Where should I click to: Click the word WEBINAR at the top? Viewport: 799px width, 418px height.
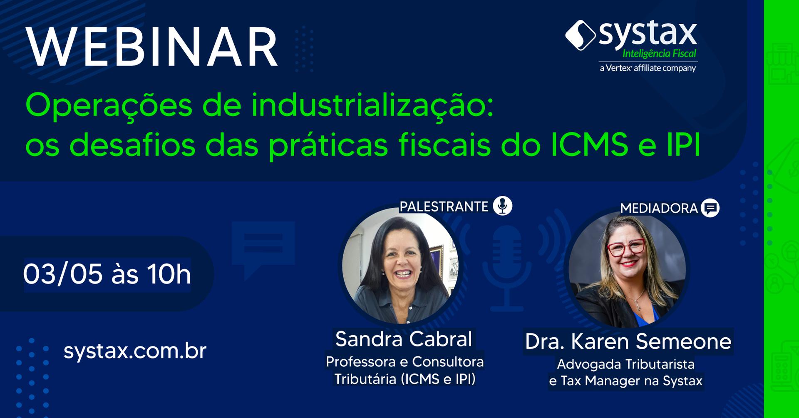[152, 47]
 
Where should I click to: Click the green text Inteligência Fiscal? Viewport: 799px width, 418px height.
[659, 54]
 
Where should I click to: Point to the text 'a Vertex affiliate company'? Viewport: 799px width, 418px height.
[648, 68]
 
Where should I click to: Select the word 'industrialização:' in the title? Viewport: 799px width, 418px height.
[372, 106]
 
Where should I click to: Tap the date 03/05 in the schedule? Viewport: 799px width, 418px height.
[63, 274]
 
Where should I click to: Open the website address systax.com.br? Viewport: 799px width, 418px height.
[135, 351]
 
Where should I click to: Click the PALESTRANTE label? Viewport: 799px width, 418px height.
[444, 207]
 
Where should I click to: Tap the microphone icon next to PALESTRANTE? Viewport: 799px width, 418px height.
[502, 206]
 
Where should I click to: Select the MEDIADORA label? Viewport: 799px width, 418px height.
[659, 208]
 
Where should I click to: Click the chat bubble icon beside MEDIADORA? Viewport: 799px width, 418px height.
[710, 208]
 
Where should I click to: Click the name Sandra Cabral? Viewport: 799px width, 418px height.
[404, 339]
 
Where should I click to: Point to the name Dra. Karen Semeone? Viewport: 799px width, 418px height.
[628, 341]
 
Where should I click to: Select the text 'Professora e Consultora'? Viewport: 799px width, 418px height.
[404, 362]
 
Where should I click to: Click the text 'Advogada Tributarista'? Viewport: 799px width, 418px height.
[625, 364]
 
